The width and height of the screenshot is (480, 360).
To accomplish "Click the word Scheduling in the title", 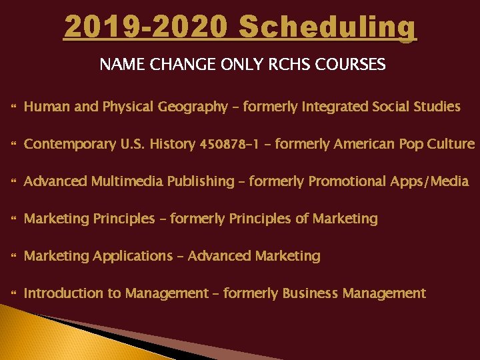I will (327, 27).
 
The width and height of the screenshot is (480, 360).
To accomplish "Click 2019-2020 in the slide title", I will (146, 27).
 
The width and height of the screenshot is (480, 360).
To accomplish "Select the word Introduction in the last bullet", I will (61, 293).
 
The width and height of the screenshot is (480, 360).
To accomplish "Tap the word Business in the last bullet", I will (310, 293).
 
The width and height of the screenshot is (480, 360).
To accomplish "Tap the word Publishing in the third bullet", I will (200, 181).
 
